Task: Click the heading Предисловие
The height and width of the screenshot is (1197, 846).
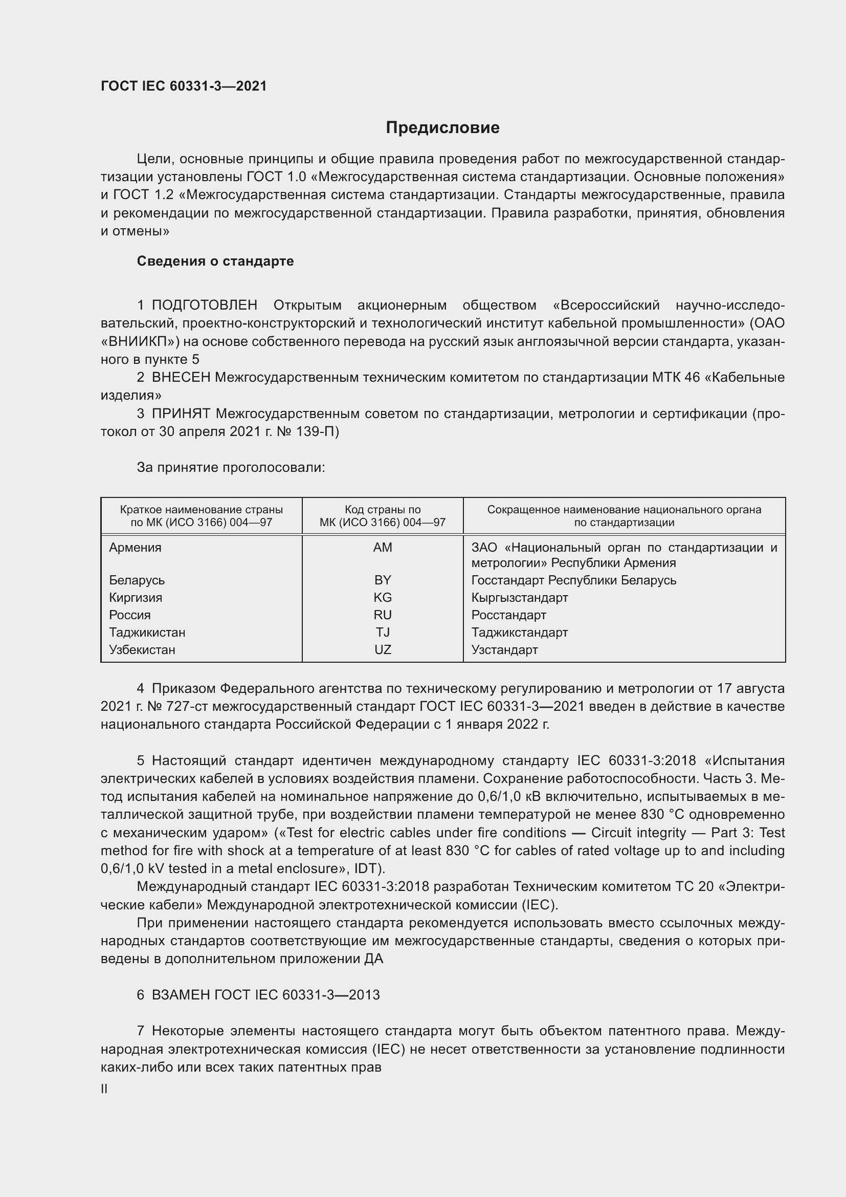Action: (x=442, y=128)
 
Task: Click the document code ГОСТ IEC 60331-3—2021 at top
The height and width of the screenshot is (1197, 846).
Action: (x=184, y=86)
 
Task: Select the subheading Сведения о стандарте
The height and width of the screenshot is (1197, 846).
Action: (x=215, y=261)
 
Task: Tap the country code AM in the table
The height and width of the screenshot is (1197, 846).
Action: (x=383, y=548)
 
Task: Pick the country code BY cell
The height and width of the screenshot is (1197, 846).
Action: (x=383, y=580)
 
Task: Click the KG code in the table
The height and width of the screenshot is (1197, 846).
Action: (x=383, y=597)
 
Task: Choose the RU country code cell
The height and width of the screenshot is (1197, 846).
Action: (x=383, y=615)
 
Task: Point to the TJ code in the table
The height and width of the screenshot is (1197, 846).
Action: (x=383, y=633)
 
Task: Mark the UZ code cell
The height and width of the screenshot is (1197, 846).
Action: (x=383, y=649)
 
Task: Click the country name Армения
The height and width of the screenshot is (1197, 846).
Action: (x=135, y=548)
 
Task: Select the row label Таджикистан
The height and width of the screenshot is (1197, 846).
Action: (x=147, y=633)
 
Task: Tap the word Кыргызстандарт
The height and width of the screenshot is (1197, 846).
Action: (x=519, y=597)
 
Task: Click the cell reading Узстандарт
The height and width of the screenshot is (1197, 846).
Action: (x=504, y=649)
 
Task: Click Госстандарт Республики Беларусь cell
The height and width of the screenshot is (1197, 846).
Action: (x=573, y=580)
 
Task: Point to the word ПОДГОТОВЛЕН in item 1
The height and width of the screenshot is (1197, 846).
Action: (x=204, y=305)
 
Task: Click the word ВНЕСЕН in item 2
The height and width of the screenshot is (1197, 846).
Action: (x=181, y=378)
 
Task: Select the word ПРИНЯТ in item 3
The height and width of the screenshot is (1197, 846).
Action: (x=181, y=414)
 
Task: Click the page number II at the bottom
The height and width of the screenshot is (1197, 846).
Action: (x=104, y=1089)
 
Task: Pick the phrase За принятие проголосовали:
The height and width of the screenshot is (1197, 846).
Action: (x=231, y=468)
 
